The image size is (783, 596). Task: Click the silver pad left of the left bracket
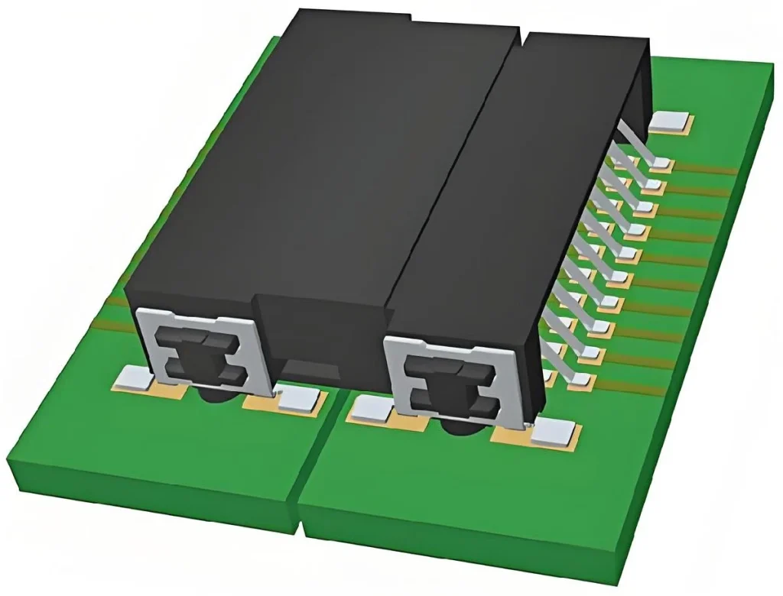click(x=135, y=374)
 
